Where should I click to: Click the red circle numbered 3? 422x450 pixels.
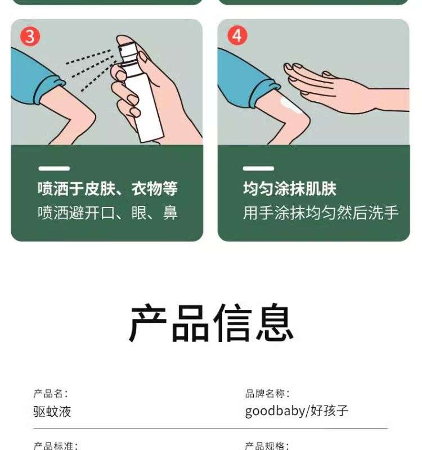click(x=30, y=36)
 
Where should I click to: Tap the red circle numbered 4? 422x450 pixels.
click(x=237, y=35)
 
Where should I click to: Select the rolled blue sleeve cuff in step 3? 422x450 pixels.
click(x=49, y=89)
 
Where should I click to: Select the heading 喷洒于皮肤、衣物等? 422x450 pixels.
click(x=107, y=188)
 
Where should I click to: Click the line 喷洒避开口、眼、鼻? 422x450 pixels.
click(x=107, y=213)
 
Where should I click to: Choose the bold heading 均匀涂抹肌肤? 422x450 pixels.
click(x=290, y=188)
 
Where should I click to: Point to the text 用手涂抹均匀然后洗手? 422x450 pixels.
click(x=321, y=213)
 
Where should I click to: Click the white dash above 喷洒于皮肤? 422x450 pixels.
click(x=54, y=168)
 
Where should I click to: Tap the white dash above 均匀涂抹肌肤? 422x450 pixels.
click(x=258, y=168)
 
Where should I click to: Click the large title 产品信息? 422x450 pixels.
click(x=212, y=323)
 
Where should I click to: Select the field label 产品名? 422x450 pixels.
click(x=51, y=393)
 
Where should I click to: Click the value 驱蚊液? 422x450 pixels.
click(x=52, y=412)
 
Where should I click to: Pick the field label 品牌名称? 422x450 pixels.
click(x=267, y=393)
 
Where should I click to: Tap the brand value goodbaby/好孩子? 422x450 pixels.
click(x=297, y=411)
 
